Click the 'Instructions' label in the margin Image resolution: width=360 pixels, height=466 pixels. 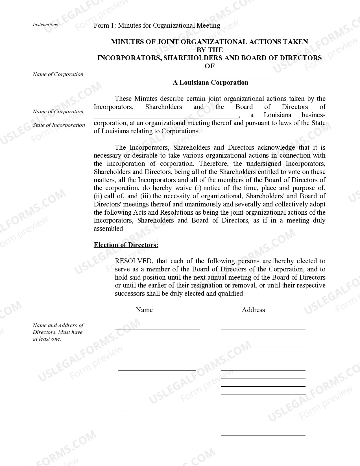[45, 25]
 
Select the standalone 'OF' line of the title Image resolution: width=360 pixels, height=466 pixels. [210, 66]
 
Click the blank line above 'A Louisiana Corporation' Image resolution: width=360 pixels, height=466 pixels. [210, 77]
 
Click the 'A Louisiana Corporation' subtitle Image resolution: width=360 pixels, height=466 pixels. [210, 82]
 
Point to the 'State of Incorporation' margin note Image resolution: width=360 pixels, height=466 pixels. [59, 125]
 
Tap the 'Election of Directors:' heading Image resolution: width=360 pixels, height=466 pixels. [126, 245]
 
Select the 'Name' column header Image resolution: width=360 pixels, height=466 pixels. [144, 310]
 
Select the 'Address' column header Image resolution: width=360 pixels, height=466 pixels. [253, 310]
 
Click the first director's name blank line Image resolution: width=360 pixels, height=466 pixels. [157, 329]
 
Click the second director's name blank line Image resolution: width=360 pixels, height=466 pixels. [157, 369]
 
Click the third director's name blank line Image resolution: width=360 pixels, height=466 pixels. [161, 410]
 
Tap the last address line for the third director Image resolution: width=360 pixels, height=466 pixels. [263, 435]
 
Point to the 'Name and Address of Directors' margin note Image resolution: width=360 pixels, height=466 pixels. [58, 332]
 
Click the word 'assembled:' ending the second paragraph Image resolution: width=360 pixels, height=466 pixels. [109, 228]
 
